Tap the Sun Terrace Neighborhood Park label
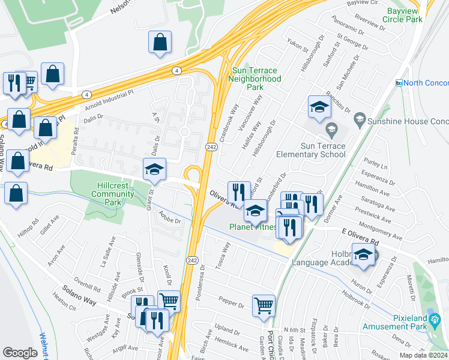coord(256,79)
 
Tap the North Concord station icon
coord(399,83)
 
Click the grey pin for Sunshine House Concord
coord(359,119)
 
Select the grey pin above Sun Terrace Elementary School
coord(331,129)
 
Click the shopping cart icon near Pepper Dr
coord(264,306)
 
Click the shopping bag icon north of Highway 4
coord(160,43)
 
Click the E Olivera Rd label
coord(360,237)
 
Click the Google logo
coord(20,352)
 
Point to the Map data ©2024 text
coord(423,355)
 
